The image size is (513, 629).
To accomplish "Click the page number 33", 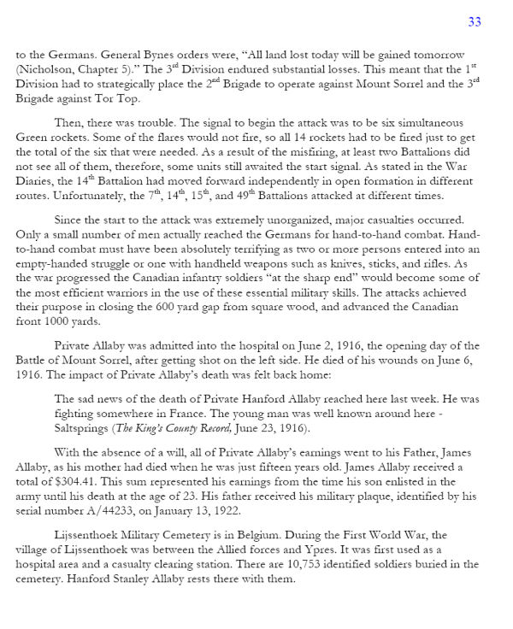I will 475,21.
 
